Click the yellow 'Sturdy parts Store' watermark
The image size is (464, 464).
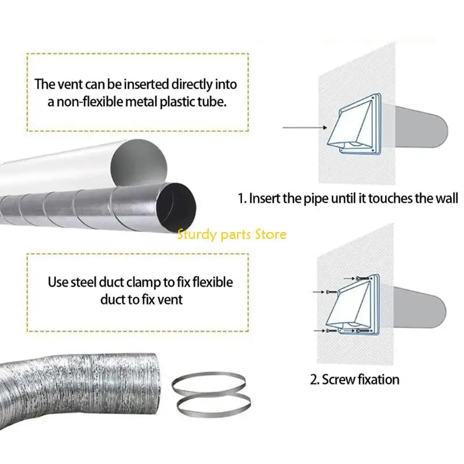[231, 235]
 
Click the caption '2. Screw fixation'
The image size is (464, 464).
[354, 379]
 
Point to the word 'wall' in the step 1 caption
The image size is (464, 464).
[446, 198]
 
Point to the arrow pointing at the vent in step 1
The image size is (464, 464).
[305, 128]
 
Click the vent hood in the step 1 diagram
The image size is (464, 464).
[354, 124]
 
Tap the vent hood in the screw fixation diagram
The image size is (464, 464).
[352, 305]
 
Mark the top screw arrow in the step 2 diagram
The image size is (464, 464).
[349, 278]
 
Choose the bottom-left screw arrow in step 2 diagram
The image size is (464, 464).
[320, 331]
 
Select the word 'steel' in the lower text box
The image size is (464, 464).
[83, 282]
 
